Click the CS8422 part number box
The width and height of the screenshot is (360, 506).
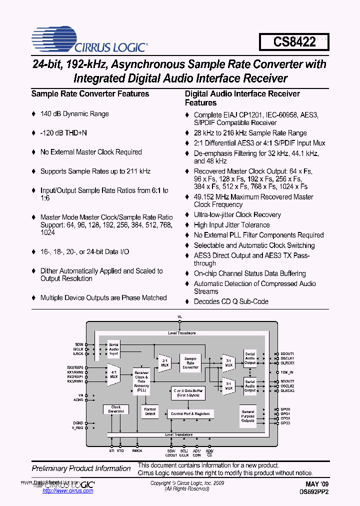(x=294, y=41)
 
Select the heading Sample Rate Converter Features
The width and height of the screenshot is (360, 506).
(x=90, y=94)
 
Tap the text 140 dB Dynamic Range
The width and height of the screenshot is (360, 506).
(x=74, y=114)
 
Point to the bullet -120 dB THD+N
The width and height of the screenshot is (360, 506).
(x=63, y=133)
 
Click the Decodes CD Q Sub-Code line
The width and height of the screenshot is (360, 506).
(x=231, y=301)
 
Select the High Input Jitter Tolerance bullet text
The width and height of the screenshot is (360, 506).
(x=231, y=225)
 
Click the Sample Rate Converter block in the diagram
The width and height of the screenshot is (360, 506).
(x=190, y=363)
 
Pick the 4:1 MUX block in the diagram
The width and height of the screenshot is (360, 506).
(x=114, y=374)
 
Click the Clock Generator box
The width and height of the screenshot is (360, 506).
(x=116, y=409)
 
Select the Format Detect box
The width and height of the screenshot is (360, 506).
(x=150, y=411)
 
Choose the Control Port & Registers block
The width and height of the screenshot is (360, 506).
(x=190, y=414)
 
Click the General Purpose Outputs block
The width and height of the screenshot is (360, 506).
(x=248, y=416)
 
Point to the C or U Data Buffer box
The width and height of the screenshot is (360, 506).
(x=187, y=392)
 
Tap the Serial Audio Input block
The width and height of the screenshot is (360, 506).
(x=114, y=349)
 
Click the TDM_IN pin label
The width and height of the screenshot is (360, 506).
(x=287, y=372)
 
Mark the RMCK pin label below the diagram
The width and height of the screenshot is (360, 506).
(x=137, y=450)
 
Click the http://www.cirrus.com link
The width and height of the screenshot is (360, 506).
(x=68, y=491)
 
